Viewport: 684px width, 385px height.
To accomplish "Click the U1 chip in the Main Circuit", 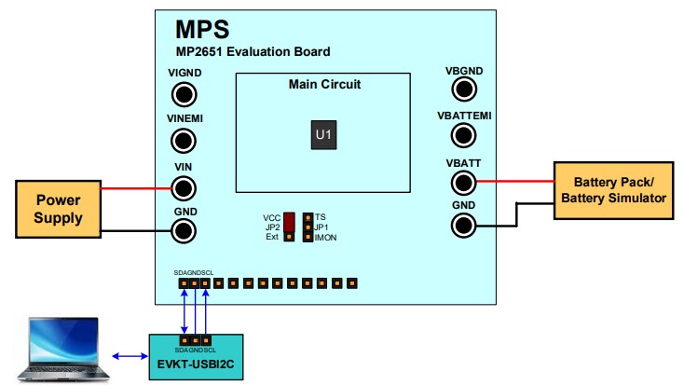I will pos(322,136).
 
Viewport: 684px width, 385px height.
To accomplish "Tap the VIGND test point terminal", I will pos(185,94).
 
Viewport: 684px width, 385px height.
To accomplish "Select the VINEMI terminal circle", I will pos(185,141).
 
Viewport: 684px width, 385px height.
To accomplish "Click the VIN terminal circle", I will pos(185,187).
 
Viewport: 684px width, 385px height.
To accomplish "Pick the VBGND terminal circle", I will pos(464,89).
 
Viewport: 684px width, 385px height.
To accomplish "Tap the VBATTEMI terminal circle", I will pos(464,135).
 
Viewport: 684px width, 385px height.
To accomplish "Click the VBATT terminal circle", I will pos(464,181).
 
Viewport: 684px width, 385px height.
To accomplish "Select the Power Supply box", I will pos(57,209).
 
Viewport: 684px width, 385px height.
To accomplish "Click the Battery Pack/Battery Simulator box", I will pos(619,190).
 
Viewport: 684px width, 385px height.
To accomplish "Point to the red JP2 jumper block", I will pos(290,222).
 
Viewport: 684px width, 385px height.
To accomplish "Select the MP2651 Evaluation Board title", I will pos(253,51).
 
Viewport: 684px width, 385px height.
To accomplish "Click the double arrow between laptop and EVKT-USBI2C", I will pos(129,356).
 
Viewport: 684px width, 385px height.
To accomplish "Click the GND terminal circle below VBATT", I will pos(464,225).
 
